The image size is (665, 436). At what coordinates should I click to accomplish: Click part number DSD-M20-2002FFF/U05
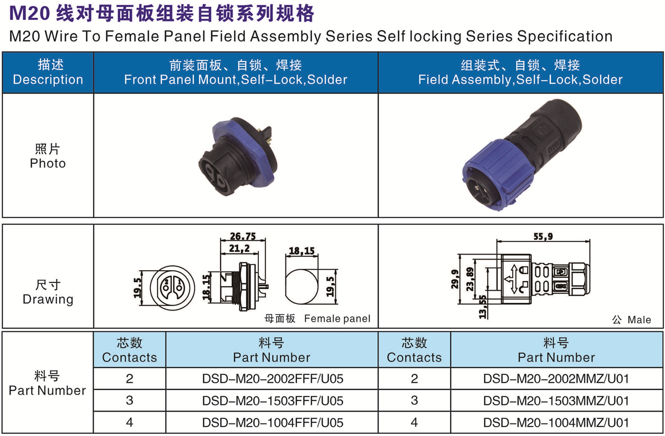point(273,379)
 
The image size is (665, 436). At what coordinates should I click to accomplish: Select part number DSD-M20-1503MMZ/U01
point(556,401)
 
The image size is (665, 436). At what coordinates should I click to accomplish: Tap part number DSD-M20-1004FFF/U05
point(273,423)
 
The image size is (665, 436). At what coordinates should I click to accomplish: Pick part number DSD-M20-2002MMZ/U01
point(556,379)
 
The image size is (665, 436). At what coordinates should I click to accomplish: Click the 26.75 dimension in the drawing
point(243,236)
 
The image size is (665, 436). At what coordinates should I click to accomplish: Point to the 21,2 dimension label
point(239,248)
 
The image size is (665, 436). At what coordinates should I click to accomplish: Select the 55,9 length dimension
point(543,236)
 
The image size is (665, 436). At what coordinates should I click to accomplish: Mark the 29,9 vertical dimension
point(455,279)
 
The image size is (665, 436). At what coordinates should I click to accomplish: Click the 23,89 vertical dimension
point(470,280)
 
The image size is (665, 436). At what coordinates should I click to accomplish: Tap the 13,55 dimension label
point(483,307)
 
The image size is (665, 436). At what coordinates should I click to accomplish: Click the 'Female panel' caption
point(337,318)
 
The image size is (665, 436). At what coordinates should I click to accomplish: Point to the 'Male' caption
point(639,320)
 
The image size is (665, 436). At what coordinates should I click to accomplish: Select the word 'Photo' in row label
point(48,164)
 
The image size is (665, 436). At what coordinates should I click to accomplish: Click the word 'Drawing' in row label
point(48,300)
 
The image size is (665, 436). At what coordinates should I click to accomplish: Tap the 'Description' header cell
point(48,73)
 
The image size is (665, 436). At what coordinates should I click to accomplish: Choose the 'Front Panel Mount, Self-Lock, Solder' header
point(236,80)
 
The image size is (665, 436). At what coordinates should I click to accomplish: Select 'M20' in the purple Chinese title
point(29,13)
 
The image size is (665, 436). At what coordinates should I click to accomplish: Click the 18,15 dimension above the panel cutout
point(301,251)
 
